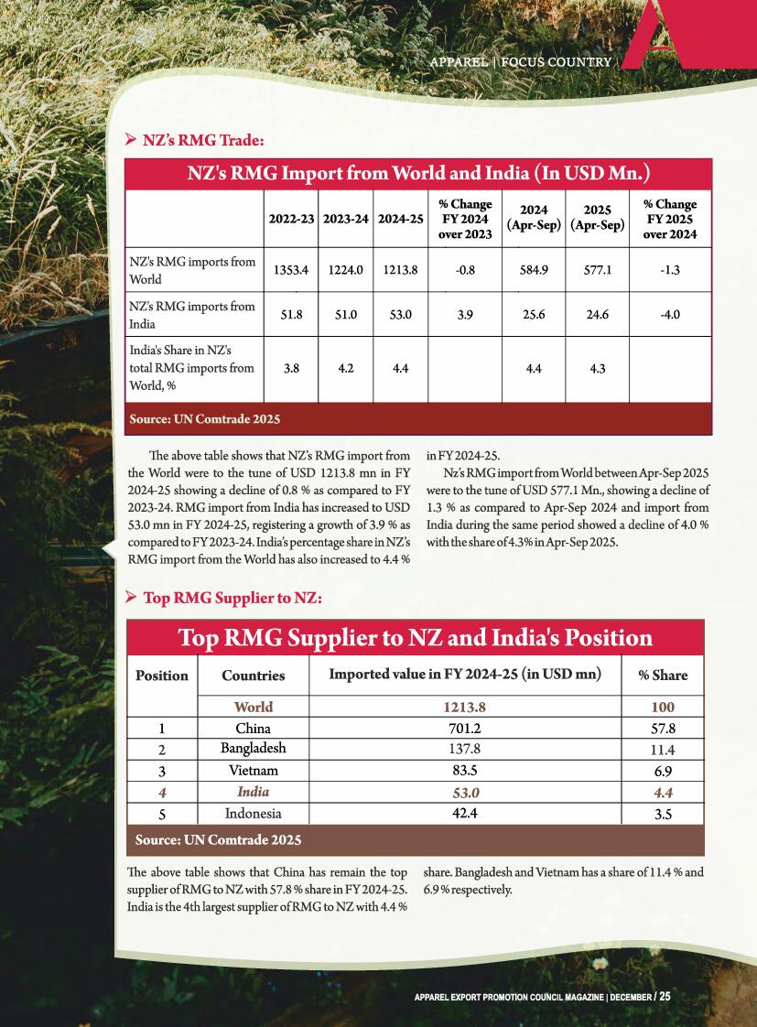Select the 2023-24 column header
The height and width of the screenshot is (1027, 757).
pos(346,219)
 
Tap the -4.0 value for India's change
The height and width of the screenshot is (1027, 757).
pos(670,314)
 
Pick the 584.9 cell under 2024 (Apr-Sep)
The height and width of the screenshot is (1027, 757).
pos(534,270)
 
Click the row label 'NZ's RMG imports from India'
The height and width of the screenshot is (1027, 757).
pos(192,314)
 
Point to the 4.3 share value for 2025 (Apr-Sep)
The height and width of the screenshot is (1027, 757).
pos(597,369)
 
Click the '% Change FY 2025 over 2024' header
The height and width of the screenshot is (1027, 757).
pos(670,219)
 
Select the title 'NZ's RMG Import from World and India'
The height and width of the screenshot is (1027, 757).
pos(418,173)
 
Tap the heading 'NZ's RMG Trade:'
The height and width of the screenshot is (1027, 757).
pos(203,140)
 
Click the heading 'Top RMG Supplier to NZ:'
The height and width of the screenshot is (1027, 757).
pos(232,598)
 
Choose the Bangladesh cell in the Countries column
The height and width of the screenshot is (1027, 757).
pos(254,748)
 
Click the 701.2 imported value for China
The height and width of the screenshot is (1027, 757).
pos(463,729)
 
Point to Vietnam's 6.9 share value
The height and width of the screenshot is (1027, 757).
pos(662,771)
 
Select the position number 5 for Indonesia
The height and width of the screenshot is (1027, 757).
pos(161,813)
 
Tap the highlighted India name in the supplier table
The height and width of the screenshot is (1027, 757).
pos(254,792)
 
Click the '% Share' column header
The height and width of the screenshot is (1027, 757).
pos(663,676)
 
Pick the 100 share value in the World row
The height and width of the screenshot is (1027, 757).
pos(662,707)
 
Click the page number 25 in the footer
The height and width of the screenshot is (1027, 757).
pos(665,996)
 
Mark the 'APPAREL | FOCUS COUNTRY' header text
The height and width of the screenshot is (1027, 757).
pos(522,62)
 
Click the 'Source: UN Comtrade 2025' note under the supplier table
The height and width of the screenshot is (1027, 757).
pos(218,839)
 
